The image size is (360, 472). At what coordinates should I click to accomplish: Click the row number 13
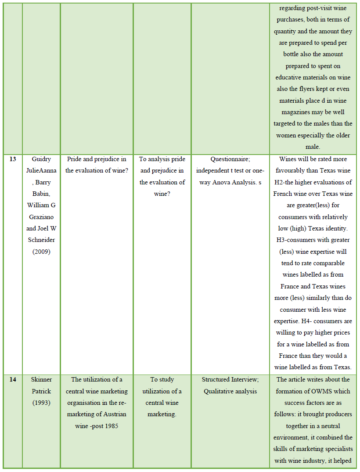[x=13, y=159]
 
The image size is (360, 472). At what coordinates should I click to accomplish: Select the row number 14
[x=13, y=379]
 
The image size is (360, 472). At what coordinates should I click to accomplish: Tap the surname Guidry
[x=41, y=159]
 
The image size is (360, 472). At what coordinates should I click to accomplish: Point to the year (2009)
[x=41, y=252]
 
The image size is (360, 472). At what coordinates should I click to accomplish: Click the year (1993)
[x=41, y=403]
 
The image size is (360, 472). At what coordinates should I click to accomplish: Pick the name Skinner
[x=41, y=379]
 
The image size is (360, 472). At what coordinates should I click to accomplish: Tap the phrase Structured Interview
[x=230, y=379]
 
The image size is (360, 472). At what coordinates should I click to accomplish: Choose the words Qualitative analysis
[x=230, y=391]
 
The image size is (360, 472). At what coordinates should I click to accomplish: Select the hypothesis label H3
[x=281, y=240]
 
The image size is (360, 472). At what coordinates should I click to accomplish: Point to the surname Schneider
[x=41, y=240]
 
